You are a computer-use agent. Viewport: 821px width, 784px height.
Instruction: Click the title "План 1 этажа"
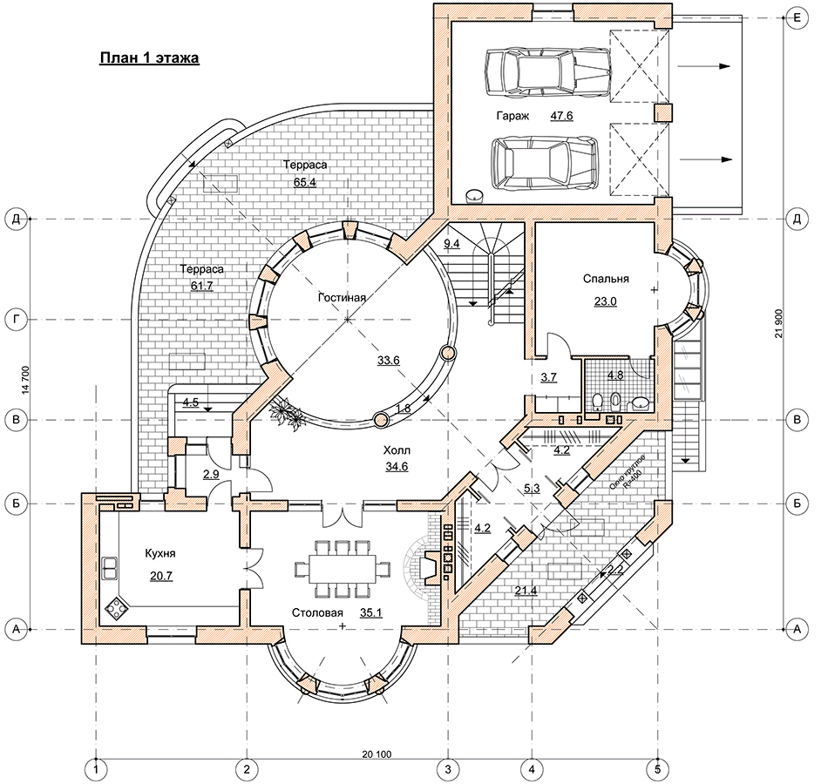pos(149,57)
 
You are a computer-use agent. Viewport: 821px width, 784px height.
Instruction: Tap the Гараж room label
pos(512,116)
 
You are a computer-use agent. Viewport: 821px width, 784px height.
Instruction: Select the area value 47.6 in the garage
pos(561,116)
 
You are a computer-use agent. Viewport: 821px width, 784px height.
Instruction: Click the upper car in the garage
pos(547,73)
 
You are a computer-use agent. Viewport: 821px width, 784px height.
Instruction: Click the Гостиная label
pos(342,298)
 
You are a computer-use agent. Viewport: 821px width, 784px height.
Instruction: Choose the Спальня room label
pos(606,279)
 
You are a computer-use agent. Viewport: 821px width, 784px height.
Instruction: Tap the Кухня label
pos(160,553)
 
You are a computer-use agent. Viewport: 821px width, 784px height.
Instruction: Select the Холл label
pos(397,450)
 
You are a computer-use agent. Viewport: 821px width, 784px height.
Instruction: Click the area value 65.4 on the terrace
pos(305,182)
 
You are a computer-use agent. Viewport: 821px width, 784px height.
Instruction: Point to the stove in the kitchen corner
pos(116,608)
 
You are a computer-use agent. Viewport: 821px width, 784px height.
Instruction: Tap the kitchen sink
pos(110,568)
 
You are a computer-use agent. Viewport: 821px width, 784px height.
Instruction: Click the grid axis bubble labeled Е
pos(797,18)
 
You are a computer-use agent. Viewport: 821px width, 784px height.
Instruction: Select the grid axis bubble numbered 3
pos(448,769)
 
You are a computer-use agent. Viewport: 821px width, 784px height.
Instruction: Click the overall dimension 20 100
pos(377,754)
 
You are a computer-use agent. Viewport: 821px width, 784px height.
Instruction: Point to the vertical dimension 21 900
pos(779,323)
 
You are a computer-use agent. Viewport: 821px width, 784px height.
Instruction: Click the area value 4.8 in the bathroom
pos(615,375)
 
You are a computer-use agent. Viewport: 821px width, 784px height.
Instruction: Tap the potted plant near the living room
pos(288,412)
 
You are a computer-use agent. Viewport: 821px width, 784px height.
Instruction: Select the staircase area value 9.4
pos(451,243)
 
